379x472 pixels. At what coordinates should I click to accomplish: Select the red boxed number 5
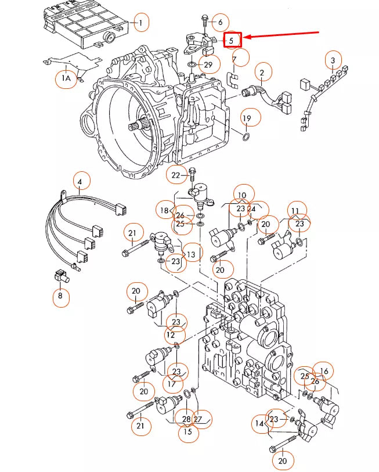232,40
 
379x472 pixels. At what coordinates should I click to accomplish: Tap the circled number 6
219,23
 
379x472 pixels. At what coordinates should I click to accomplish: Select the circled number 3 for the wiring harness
333,60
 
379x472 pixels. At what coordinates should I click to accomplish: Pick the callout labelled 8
59,297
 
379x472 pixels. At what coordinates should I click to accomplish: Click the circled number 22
176,174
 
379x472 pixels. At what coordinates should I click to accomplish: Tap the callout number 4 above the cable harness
80,182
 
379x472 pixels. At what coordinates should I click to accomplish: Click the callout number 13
192,253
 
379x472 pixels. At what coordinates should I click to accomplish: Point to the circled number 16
324,371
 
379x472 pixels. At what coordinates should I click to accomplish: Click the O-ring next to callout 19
246,137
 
